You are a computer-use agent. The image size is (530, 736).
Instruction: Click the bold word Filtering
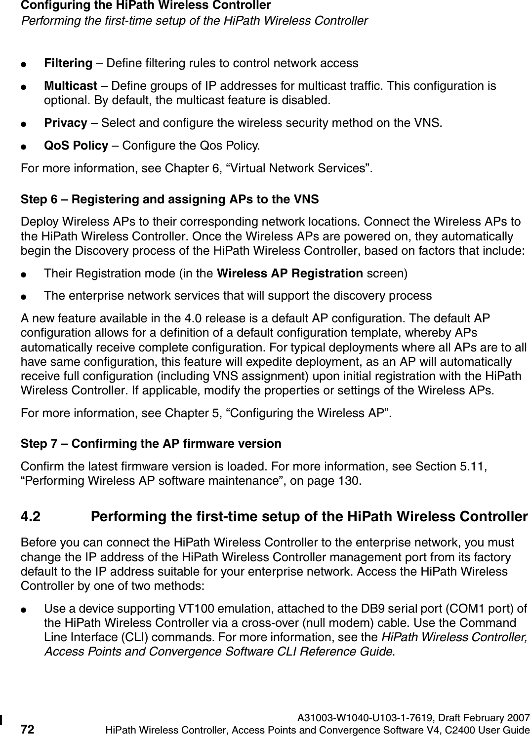(68, 63)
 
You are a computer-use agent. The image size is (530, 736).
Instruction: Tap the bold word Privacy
(66, 122)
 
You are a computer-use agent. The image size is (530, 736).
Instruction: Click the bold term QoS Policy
(76, 146)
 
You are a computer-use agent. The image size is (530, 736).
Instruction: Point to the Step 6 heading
(169, 199)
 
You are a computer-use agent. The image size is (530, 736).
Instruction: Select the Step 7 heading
(151, 443)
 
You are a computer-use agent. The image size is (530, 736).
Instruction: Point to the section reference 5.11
(468, 466)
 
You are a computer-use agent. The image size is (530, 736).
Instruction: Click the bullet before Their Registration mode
(30, 273)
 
